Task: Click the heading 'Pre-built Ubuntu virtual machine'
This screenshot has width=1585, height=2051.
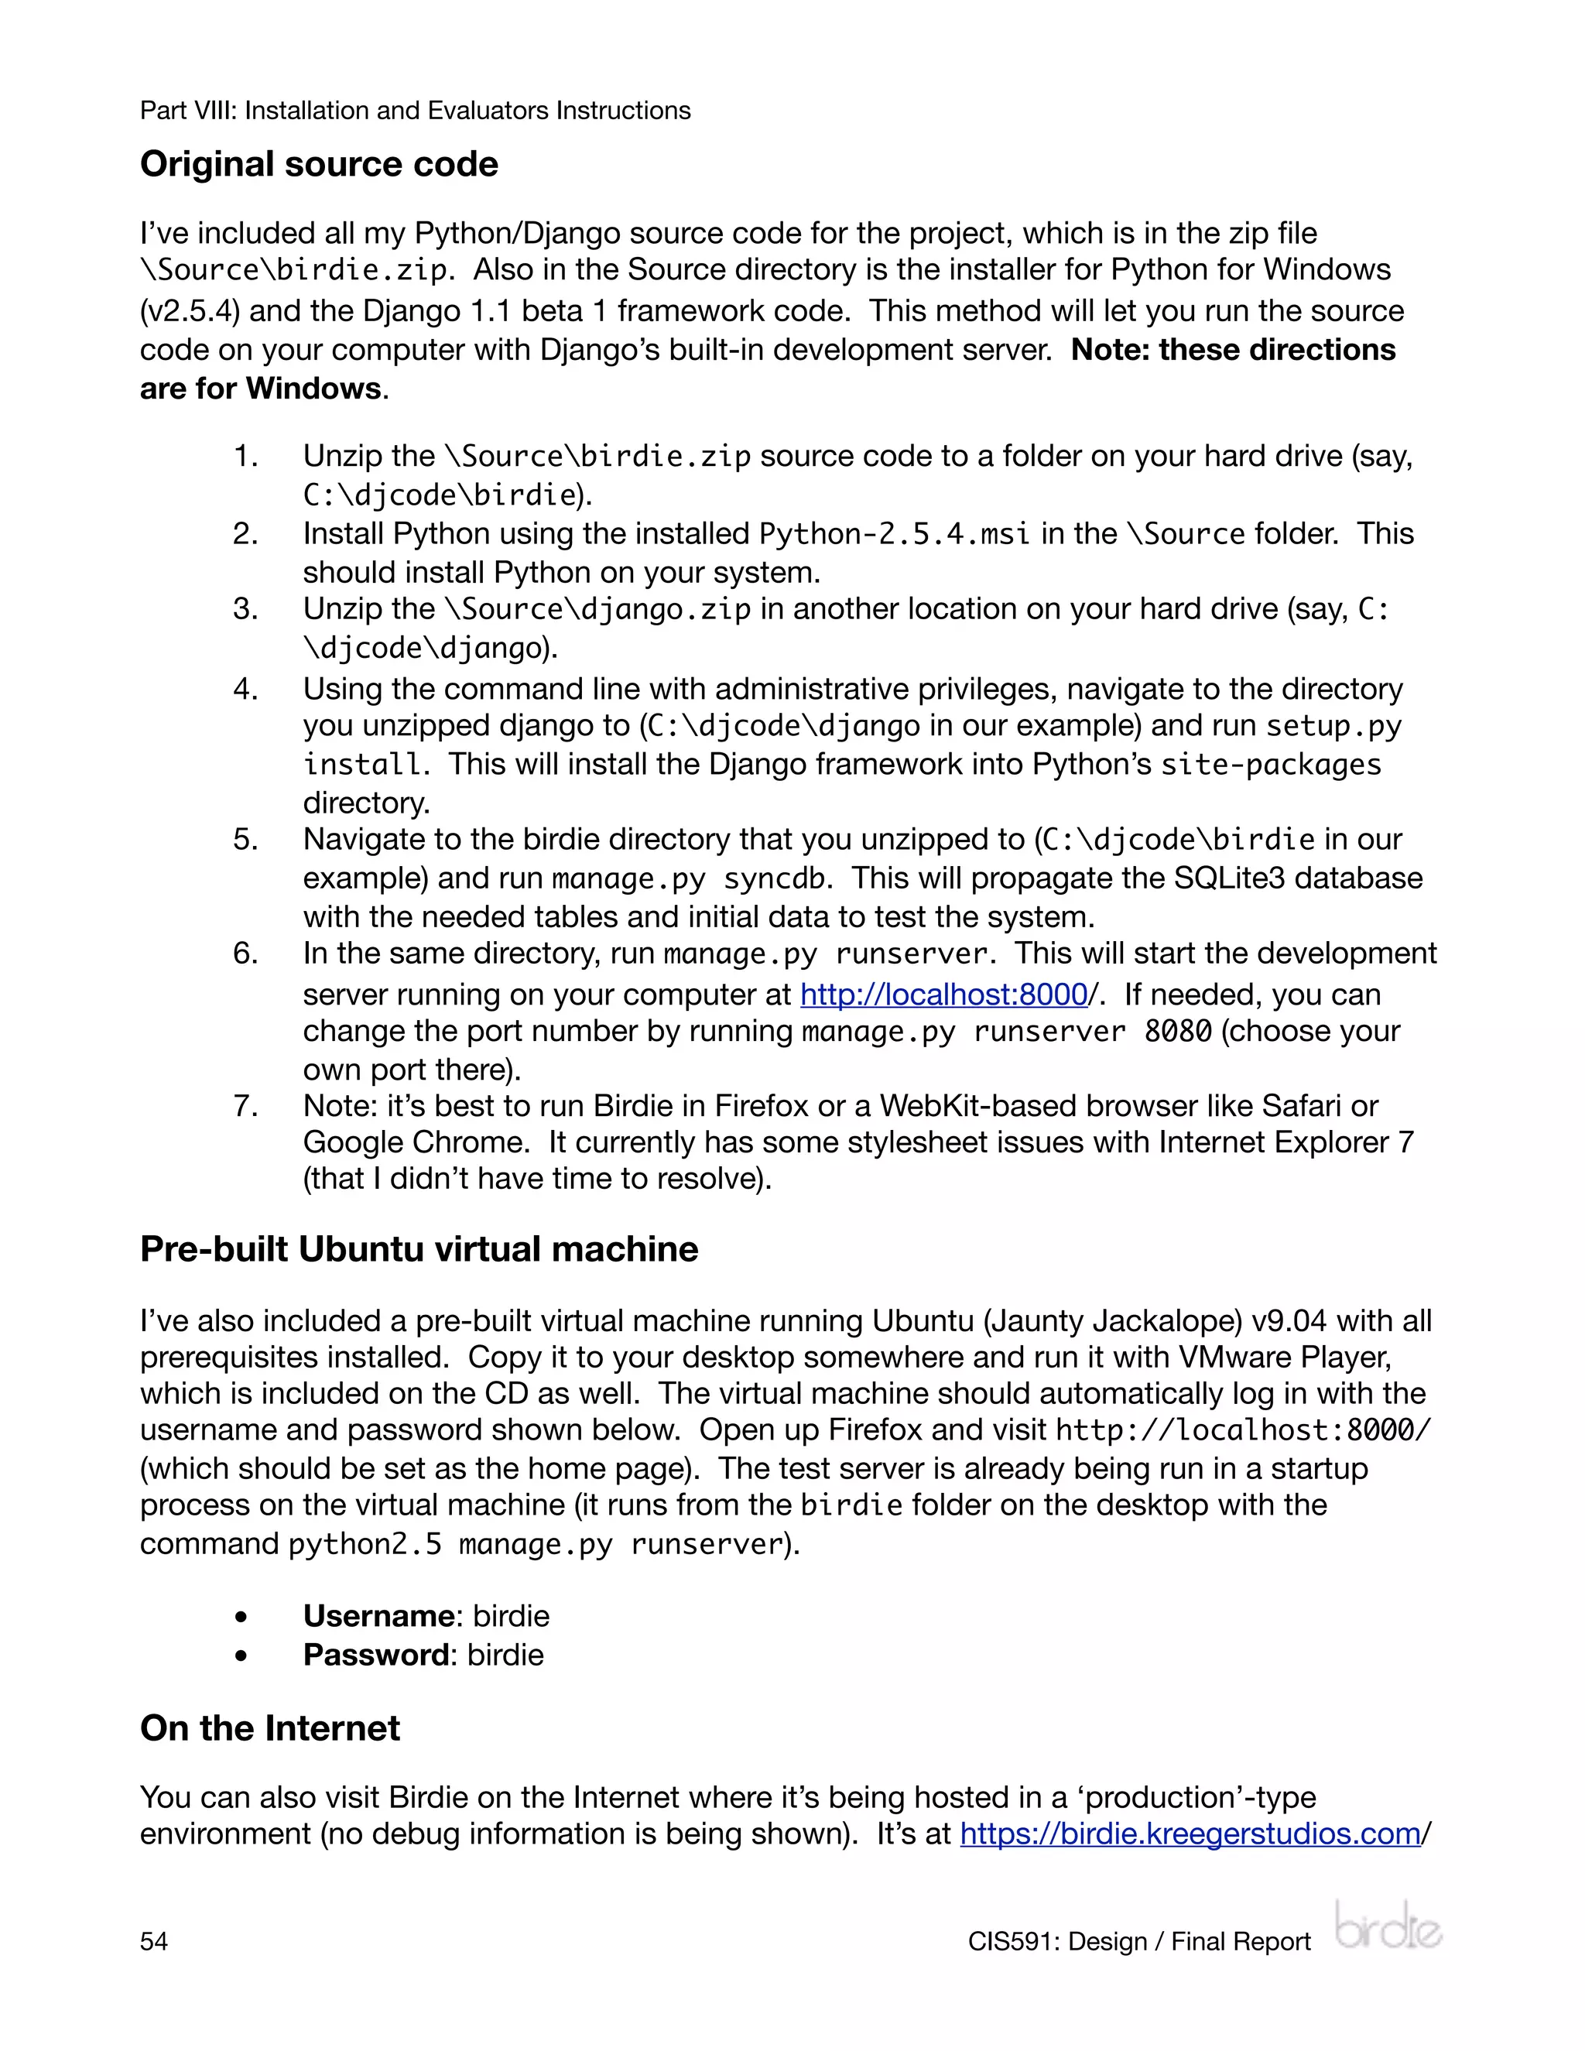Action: point(419,1249)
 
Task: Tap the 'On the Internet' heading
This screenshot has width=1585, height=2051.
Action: point(269,1728)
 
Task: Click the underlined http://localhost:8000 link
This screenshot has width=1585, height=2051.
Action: point(943,994)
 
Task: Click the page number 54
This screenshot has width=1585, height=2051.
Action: point(154,1941)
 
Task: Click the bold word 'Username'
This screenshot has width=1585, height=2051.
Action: point(378,1616)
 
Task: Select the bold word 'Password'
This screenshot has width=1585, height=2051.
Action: point(375,1655)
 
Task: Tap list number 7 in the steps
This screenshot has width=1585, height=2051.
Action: point(245,1105)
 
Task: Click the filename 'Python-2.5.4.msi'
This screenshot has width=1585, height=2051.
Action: point(894,533)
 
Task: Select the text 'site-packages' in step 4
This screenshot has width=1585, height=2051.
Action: point(1271,765)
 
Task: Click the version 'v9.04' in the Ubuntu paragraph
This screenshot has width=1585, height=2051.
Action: point(1289,1320)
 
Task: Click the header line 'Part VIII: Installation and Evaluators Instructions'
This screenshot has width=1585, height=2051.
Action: point(415,111)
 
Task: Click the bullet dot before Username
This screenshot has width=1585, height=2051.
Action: point(242,1617)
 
